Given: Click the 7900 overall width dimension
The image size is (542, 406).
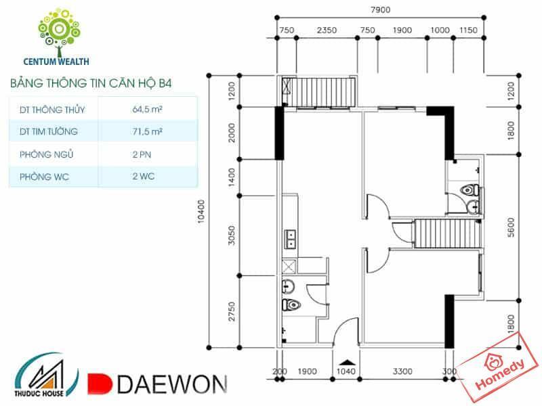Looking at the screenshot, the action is click(x=380, y=9).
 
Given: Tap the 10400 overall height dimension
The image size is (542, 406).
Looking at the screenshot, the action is click(x=201, y=212).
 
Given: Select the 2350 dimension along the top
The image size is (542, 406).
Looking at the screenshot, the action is click(x=327, y=30).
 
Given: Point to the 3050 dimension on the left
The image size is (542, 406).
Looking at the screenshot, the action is click(x=232, y=235).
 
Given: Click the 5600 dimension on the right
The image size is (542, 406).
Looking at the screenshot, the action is click(x=511, y=227).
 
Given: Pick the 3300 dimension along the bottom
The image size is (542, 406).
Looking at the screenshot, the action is click(x=402, y=371).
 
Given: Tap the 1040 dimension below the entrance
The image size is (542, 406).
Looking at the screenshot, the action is click(x=346, y=371).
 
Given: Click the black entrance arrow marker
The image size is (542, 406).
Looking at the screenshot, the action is click(x=347, y=363).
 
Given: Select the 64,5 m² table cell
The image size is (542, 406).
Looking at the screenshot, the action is click(x=147, y=110).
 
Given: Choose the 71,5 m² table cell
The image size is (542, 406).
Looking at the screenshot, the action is click(x=147, y=131).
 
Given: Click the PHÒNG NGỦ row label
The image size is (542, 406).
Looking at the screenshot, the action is click(x=46, y=154).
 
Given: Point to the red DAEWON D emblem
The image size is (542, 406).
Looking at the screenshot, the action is click(x=100, y=384).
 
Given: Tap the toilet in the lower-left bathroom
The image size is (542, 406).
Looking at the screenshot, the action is click(x=291, y=304).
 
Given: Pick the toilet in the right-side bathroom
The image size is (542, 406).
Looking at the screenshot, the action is click(x=470, y=190).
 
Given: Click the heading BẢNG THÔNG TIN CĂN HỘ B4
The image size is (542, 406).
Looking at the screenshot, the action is click(x=91, y=83).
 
